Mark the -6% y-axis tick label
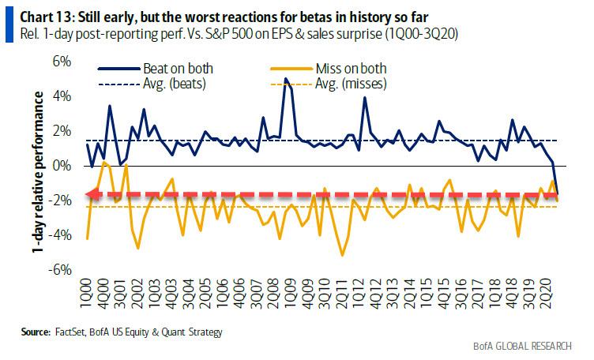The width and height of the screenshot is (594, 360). point(59,270)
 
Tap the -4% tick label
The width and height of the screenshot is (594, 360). point(59,235)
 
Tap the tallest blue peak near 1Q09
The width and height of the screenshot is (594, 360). point(285,78)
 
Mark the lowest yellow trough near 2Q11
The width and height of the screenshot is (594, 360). point(342,255)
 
